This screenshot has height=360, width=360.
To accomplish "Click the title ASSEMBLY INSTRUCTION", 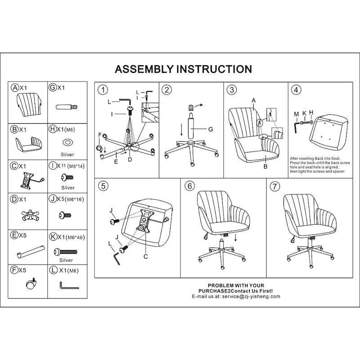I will point(183,69).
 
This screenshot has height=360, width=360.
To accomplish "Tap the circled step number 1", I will point(103,90).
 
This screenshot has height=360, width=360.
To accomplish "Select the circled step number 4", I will point(296,90).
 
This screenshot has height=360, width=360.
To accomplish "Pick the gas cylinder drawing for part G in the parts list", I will point(67,108).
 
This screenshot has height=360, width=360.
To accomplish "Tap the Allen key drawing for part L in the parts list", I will point(68,285).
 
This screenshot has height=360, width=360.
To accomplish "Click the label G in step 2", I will point(210,129).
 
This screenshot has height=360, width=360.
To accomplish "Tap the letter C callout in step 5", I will point(145,257).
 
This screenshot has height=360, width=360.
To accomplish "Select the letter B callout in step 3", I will point(265,166).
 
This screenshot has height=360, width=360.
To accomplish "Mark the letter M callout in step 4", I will point(296,114).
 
